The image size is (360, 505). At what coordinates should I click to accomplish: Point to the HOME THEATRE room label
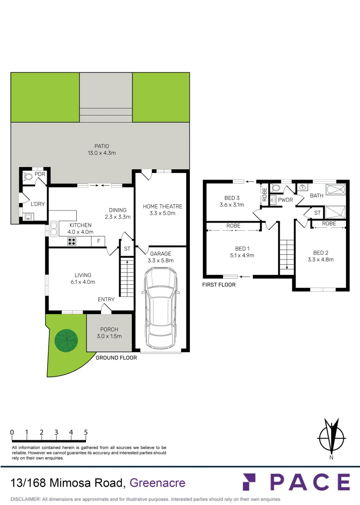click(x=163, y=206)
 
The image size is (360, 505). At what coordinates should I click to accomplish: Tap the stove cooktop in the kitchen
click(x=72, y=242)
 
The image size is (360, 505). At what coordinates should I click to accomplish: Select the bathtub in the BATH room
click(x=336, y=190)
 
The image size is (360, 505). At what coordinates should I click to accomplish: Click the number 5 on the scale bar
click(x=86, y=432)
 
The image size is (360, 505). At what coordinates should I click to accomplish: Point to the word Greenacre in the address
click(x=157, y=483)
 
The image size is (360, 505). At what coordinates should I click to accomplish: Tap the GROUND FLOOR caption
click(x=116, y=358)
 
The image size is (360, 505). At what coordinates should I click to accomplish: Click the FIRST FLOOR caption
click(x=219, y=284)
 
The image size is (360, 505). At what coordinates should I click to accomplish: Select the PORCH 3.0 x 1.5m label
click(x=109, y=333)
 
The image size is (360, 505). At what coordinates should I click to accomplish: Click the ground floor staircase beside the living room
click(x=127, y=278)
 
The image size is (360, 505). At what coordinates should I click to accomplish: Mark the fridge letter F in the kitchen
click(x=99, y=241)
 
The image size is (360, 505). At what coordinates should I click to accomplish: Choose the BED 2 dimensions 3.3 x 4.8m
click(x=320, y=260)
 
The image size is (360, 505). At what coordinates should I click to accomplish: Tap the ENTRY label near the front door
click(x=106, y=299)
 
